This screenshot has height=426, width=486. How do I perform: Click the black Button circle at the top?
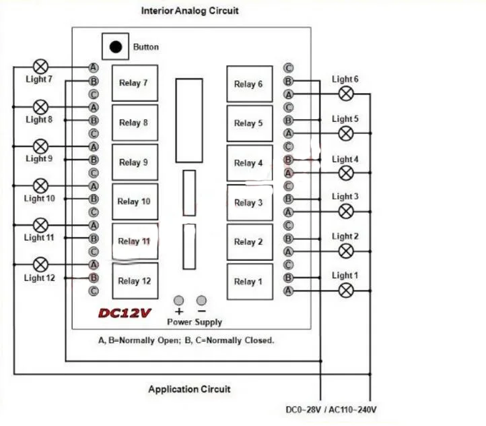(x=116, y=47)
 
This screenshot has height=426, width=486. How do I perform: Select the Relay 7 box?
(x=135, y=83)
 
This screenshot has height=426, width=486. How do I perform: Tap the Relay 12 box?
(x=135, y=281)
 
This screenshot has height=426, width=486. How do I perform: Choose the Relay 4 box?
(x=250, y=163)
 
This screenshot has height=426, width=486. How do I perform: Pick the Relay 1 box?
(x=250, y=282)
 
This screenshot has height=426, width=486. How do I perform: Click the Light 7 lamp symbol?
(x=40, y=67)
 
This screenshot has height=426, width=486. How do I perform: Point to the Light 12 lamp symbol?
(x=40, y=264)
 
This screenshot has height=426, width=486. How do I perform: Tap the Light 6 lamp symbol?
(x=346, y=94)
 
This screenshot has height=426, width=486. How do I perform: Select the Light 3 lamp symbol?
(x=346, y=212)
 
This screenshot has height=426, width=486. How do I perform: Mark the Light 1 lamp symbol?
(x=346, y=291)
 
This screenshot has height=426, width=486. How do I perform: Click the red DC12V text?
(x=125, y=313)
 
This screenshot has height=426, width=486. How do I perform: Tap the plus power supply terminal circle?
(x=178, y=301)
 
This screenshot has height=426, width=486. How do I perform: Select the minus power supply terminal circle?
(x=201, y=301)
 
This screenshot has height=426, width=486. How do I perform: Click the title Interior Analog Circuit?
(x=190, y=11)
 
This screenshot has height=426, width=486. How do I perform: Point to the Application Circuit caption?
(x=189, y=389)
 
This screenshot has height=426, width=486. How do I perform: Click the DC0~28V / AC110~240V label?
(x=331, y=410)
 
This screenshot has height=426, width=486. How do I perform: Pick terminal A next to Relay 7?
(x=94, y=67)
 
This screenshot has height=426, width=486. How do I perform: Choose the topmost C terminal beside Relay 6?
(x=288, y=68)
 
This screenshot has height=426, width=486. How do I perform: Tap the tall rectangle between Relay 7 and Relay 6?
(x=189, y=121)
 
